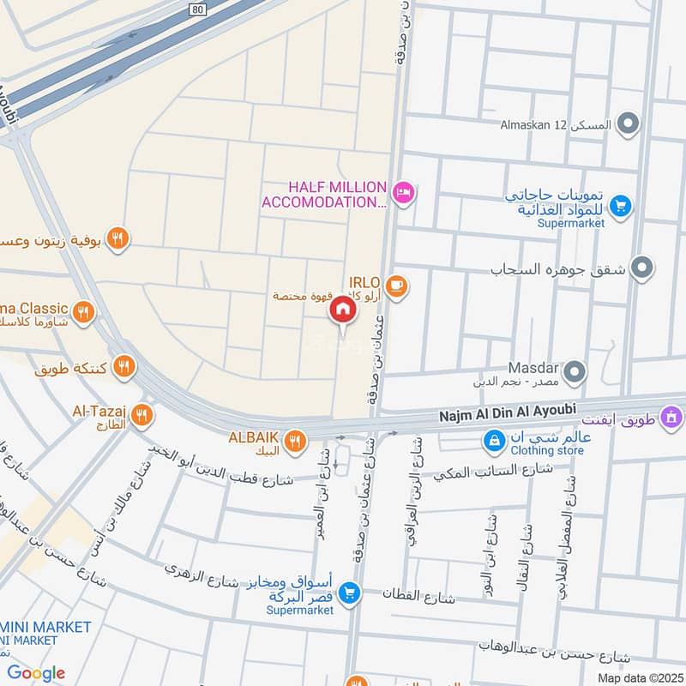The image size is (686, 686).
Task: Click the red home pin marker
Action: click(x=342, y=310)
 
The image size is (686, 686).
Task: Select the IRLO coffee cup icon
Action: click(x=395, y=286)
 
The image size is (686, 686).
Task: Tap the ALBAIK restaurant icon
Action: click(x=296, y=440)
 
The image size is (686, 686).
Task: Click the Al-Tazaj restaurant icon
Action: click(x=142, y=416)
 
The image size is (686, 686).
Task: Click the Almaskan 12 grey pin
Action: click(x=629, y=125)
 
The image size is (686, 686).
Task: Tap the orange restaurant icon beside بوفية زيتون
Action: click(x=118, y=239)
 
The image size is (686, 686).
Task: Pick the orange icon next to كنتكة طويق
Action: click(x=125, y=368)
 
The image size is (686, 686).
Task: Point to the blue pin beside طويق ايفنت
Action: click(x=673, y=419)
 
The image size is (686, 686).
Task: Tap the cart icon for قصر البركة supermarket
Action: click(x=348, y=593)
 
